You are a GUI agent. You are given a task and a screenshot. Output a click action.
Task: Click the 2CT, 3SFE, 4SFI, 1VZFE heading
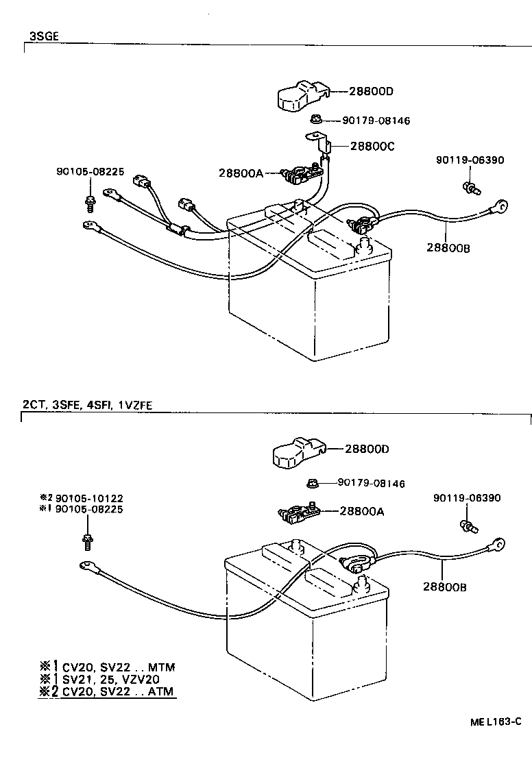(x=86, y=405)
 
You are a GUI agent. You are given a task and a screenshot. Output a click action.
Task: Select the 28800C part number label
(x=372, y=146)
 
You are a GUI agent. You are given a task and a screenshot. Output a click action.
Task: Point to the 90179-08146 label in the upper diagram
(x=376, y=121)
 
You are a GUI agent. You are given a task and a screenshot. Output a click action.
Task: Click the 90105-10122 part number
(x=89, y=498)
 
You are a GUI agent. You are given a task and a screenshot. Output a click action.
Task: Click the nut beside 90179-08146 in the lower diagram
(x=313, y=483)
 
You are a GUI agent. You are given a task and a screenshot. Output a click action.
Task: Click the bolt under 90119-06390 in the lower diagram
(x=468, y=526)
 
